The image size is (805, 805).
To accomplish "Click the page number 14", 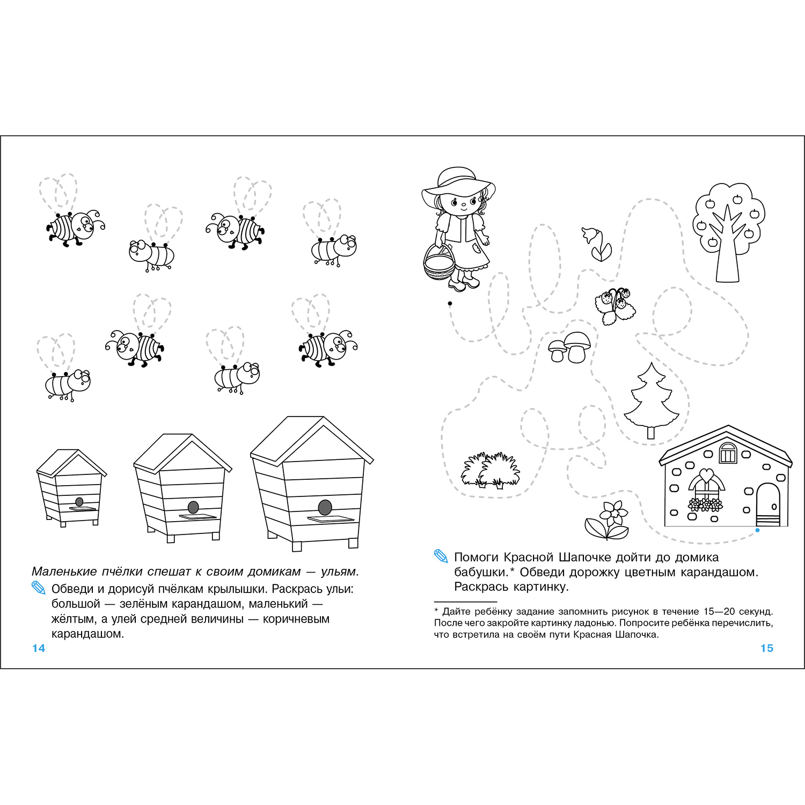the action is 39,648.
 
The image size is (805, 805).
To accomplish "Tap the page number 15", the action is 767,648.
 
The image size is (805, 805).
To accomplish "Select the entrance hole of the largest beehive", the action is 325,507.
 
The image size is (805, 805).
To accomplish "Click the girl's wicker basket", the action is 439,263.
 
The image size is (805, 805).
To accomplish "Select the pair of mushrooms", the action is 569,347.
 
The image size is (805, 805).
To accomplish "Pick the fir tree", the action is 652,400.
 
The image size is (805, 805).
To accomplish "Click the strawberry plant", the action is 616,305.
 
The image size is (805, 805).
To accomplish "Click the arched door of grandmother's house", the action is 767,504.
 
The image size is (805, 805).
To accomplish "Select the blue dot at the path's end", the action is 757,530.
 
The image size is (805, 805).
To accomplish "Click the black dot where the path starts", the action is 450,304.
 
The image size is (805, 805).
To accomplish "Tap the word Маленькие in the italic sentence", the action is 64,572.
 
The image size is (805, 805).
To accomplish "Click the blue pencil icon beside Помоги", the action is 441,557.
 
